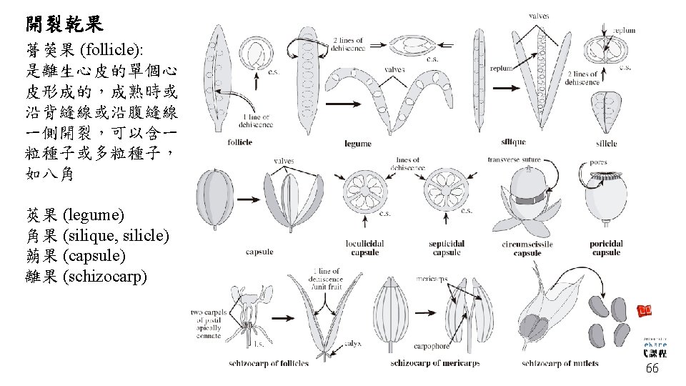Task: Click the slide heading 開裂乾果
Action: click(x=65, y=24)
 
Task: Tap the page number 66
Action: click(x=652, y=369)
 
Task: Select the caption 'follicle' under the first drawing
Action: click(x=240, y=142)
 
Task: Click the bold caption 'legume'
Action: click(x=357, y=143)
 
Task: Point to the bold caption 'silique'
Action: click(x=514, y=142)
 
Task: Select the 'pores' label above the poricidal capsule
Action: click(x=598, y=162)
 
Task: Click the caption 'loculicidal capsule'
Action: click(x=365, y=248)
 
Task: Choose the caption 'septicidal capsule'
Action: click(x=447, y=248)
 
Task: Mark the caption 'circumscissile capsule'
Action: click(x=527, y=248)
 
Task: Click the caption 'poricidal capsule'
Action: click(x=606, y=248)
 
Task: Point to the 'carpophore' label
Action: click(x=431, y=347)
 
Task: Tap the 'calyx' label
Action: click(x=354, y=343)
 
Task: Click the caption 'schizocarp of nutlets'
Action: click(x=560, y=363)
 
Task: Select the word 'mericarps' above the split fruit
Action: click(x=433, y=278)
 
